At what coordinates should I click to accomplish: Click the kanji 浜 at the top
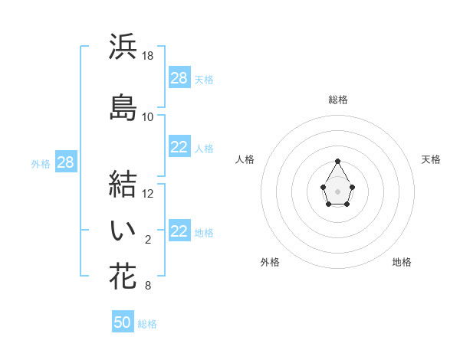[123, 47]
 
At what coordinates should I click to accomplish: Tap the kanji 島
[123, 106]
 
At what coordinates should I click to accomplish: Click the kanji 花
[123, 277]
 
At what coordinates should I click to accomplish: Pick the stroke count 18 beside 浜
[148, 57]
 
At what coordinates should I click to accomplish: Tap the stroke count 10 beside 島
[148, 117]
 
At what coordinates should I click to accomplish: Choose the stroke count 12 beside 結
[148, 194]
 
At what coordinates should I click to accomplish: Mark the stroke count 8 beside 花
[148, 286]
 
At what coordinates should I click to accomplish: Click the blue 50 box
[123, 322]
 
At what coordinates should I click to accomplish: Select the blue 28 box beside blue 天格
[179, 78]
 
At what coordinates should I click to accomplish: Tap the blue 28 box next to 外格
[65, 162]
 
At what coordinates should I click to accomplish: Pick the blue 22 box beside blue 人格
[179, 148]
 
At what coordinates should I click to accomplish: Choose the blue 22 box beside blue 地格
[179, 232]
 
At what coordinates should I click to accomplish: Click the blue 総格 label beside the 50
[147, 324]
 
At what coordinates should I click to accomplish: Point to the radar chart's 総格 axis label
[338, 100]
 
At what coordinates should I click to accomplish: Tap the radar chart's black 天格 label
[431, 159]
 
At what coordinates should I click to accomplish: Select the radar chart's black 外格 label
[270, 262]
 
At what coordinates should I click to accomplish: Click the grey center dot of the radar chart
[338, 190]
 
